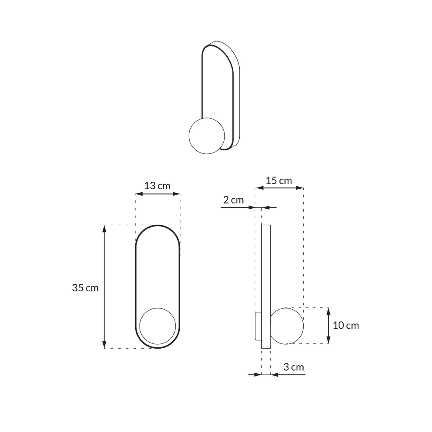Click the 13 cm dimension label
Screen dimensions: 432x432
(x=157, y=186)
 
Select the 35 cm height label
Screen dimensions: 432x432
(x=85, y=288)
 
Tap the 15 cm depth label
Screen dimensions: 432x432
(x=279, y=181)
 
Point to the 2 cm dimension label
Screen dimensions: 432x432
(x=233, y=200)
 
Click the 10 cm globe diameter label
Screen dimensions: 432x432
(x=346, y=326)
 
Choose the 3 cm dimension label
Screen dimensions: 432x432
(x=294, y=367)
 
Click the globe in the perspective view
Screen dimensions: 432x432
(x=206, y=136)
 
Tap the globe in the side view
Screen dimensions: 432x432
(x=287, y=326)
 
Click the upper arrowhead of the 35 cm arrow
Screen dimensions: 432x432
(x=104, y=229)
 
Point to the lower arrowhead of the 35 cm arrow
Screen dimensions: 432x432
(x=104, y=344)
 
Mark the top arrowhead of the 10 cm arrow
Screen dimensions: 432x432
(x=329, y=311)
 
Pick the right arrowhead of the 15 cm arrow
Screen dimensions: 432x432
(x=300, y=188)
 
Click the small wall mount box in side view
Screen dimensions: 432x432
(x=258, y=326)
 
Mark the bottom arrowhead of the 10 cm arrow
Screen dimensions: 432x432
(x=329, y=340)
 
